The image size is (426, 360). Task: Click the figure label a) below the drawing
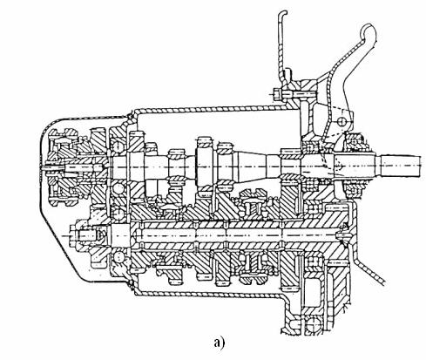(220, 343)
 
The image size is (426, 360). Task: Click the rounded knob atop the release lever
(369, 32)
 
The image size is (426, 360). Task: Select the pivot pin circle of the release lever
(342, 120)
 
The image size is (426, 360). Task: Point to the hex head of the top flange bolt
(277, 95)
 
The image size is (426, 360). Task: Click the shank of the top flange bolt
(298, 95)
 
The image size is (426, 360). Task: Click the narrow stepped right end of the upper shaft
(401, 166)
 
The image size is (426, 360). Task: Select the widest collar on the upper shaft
(205, 166)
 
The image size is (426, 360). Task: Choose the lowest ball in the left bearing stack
(118, 257)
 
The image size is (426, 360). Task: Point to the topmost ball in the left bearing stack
(117, 146)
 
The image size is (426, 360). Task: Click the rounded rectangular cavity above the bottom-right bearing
(312, 291)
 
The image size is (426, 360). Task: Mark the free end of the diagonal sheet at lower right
(383, 282)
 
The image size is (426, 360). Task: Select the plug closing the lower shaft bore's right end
(343, 234)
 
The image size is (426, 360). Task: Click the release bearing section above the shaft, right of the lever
(355, 141)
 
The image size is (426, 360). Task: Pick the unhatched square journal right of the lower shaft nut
(119, 234)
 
